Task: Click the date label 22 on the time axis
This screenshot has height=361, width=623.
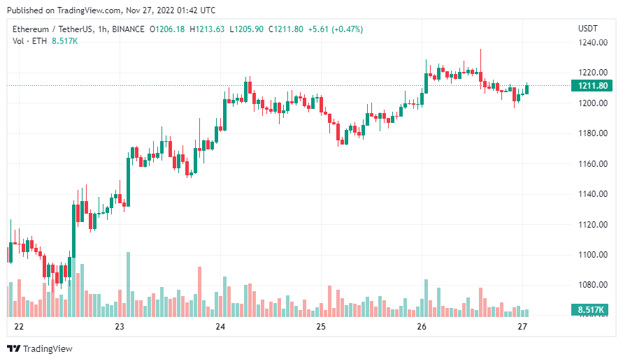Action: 19,327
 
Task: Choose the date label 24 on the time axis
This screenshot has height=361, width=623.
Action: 220,327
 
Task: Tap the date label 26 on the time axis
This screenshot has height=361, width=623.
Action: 422,327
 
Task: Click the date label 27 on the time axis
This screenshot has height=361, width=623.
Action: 522,327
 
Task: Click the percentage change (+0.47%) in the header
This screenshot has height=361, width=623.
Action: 348,29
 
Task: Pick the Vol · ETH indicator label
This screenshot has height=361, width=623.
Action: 29,41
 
